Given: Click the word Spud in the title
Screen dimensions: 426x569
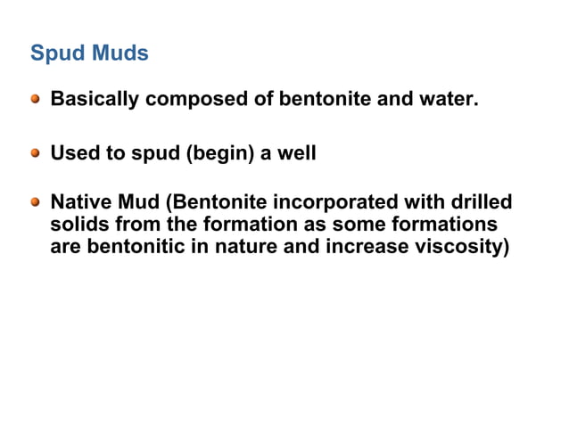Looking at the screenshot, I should click(55, 54).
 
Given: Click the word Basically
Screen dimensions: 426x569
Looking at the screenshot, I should click(95, 99).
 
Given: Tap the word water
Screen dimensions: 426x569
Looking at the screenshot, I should click(451, 99).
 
